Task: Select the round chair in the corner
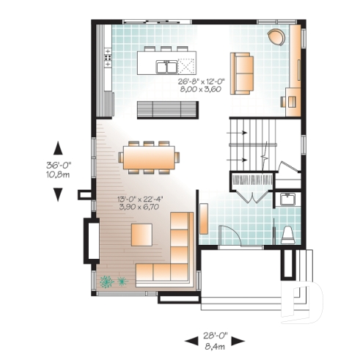tap(276, 37)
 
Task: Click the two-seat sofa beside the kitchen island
tap(241, 73)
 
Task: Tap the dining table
tap(150, 157)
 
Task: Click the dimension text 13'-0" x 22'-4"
tap(141, 199)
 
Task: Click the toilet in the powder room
tap(287, 235)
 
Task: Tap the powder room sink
tap(287, 199)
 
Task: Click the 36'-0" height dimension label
tap(58, 165)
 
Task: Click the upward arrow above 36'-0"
tap(57, 145)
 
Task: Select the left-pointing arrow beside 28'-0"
tap(189, 339)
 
